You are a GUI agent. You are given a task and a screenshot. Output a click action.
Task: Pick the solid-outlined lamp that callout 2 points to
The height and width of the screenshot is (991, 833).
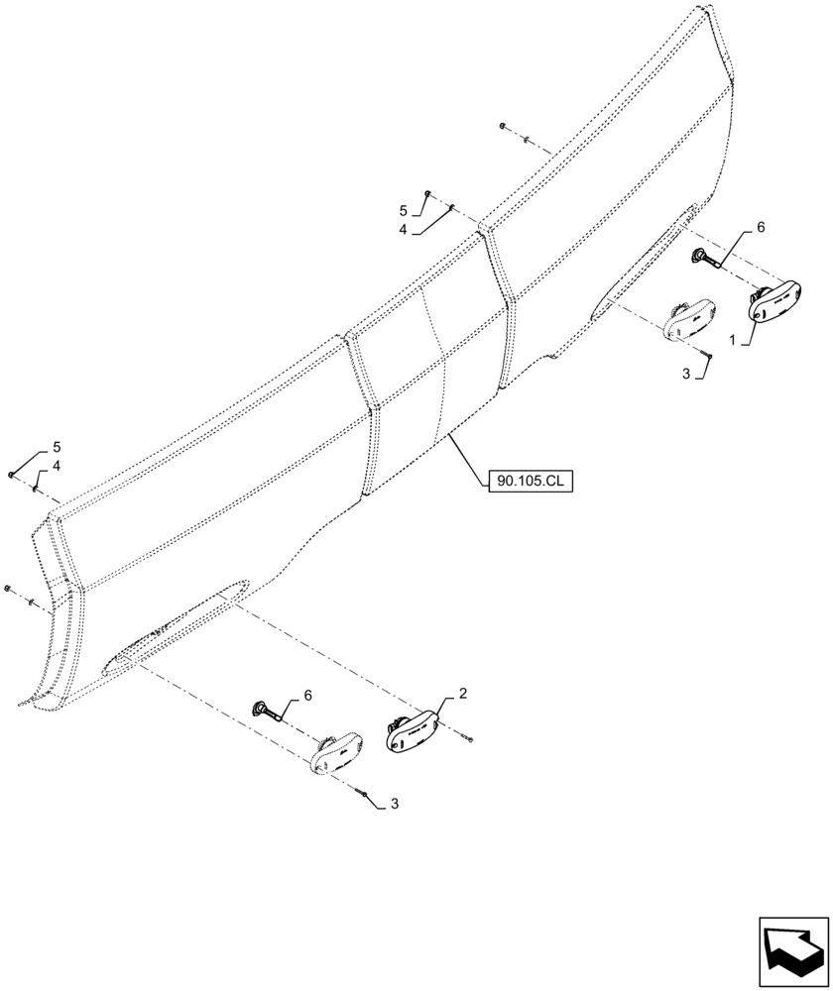tap(412, 729)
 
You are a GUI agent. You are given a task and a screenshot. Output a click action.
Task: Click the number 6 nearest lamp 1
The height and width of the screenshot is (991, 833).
tap(761, 227)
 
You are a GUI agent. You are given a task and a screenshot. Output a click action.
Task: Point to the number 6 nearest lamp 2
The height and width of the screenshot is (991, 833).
tap(307, 697)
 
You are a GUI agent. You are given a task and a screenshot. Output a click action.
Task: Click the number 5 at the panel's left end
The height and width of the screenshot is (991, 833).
tap(56, 446)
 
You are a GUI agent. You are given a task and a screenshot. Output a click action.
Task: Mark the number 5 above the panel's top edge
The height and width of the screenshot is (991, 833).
tap(404, 211)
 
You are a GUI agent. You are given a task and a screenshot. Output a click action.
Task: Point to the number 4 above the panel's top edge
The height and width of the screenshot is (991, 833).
tap(404, 229)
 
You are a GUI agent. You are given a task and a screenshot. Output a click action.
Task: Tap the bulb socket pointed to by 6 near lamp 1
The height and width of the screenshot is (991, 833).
tap(703, 259)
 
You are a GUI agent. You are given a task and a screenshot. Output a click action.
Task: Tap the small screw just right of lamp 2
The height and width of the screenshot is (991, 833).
tap(470, 738)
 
